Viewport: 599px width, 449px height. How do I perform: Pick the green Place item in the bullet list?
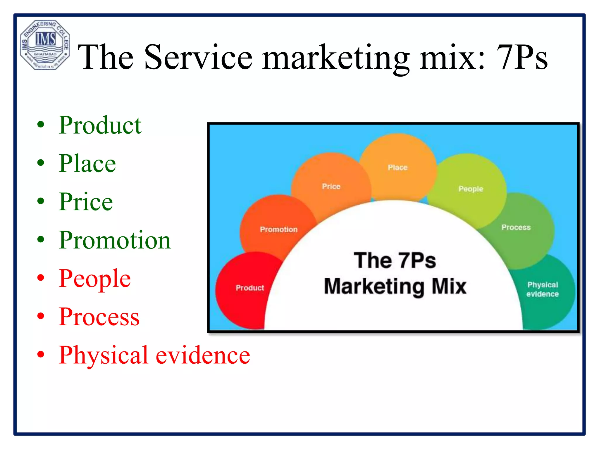coord(87,163)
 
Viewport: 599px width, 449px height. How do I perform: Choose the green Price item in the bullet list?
coord(86,202)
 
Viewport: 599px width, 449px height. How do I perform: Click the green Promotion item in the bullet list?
coord(115,240)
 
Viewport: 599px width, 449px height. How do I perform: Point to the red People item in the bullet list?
coord(94,279)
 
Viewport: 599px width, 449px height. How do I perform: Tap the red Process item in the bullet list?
coord(99,317)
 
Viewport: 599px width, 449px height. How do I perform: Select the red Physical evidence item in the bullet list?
coord(154,355)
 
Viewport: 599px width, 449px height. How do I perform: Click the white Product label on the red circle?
coord(250,288)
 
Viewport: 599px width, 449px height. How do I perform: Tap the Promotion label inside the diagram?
coord(279,229)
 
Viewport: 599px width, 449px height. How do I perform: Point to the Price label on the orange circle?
coord(331,186)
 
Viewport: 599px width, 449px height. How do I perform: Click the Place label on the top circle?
coord(397,167)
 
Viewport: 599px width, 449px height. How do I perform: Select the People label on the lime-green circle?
coord(471,189)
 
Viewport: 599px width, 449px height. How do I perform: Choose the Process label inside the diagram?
coord(516,227)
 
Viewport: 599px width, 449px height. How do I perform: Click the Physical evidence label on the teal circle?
coord(543,289)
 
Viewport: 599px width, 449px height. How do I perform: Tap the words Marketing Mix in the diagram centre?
coord(395,286)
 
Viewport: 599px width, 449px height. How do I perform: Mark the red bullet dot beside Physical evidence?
coord(41,355)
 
